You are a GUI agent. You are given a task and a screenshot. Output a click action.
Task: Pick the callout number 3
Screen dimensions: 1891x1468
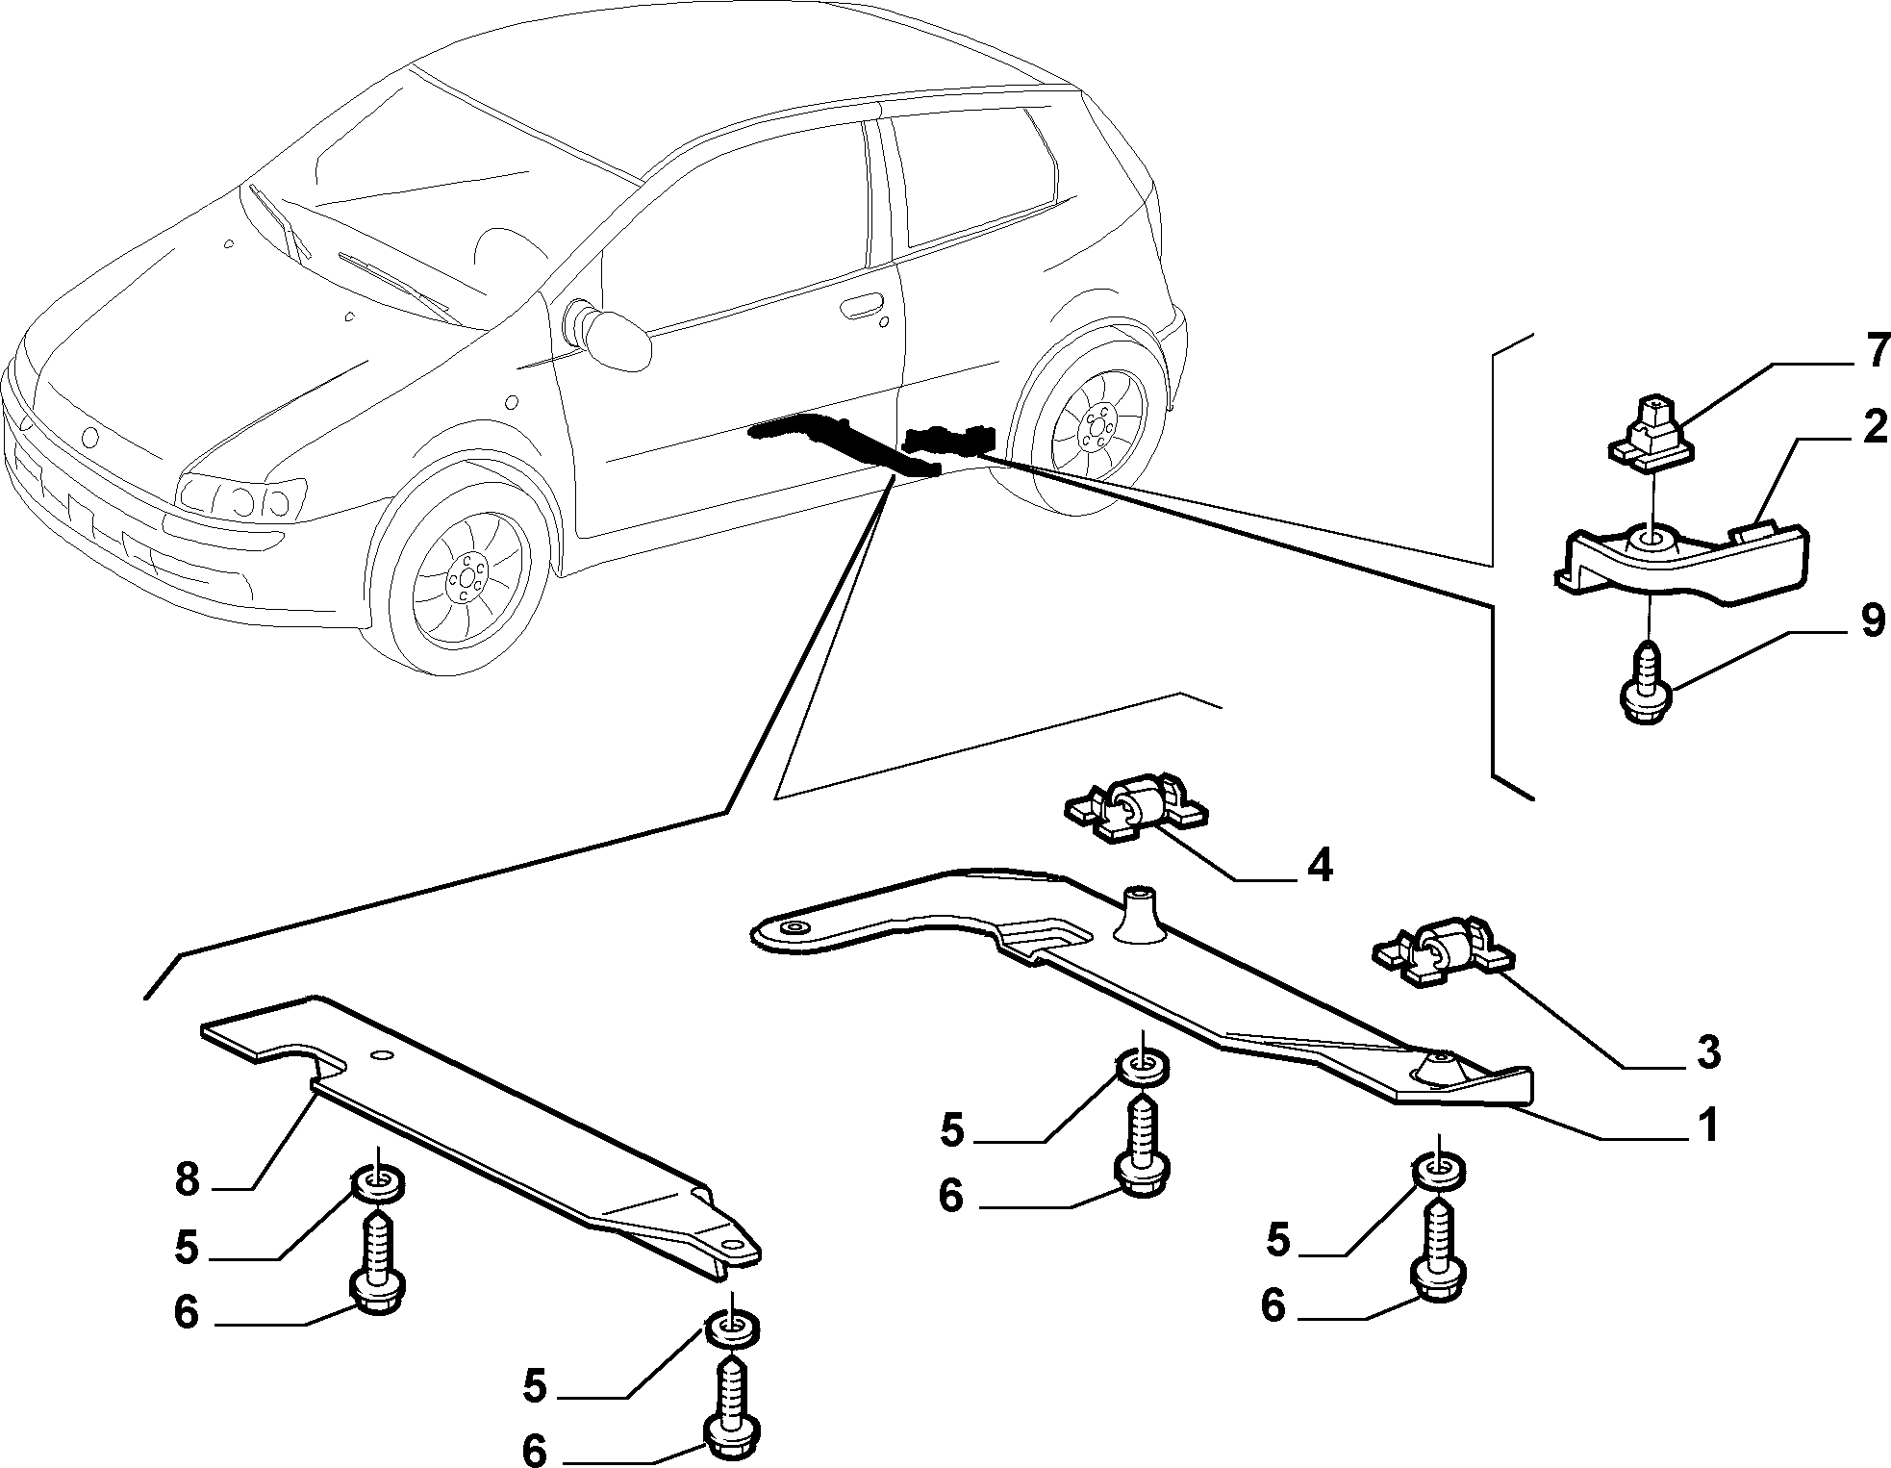coord(1705,1052)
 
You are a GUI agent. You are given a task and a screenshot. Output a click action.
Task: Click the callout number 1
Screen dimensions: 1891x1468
coord(1707,1126)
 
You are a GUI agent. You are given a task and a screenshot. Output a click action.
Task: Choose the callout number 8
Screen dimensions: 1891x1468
coord(189,1178)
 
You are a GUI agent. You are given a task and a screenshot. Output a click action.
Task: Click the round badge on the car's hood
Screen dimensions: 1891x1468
coord(90,438)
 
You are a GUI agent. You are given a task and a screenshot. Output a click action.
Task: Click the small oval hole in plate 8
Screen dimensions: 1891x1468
coord(382,1056)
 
